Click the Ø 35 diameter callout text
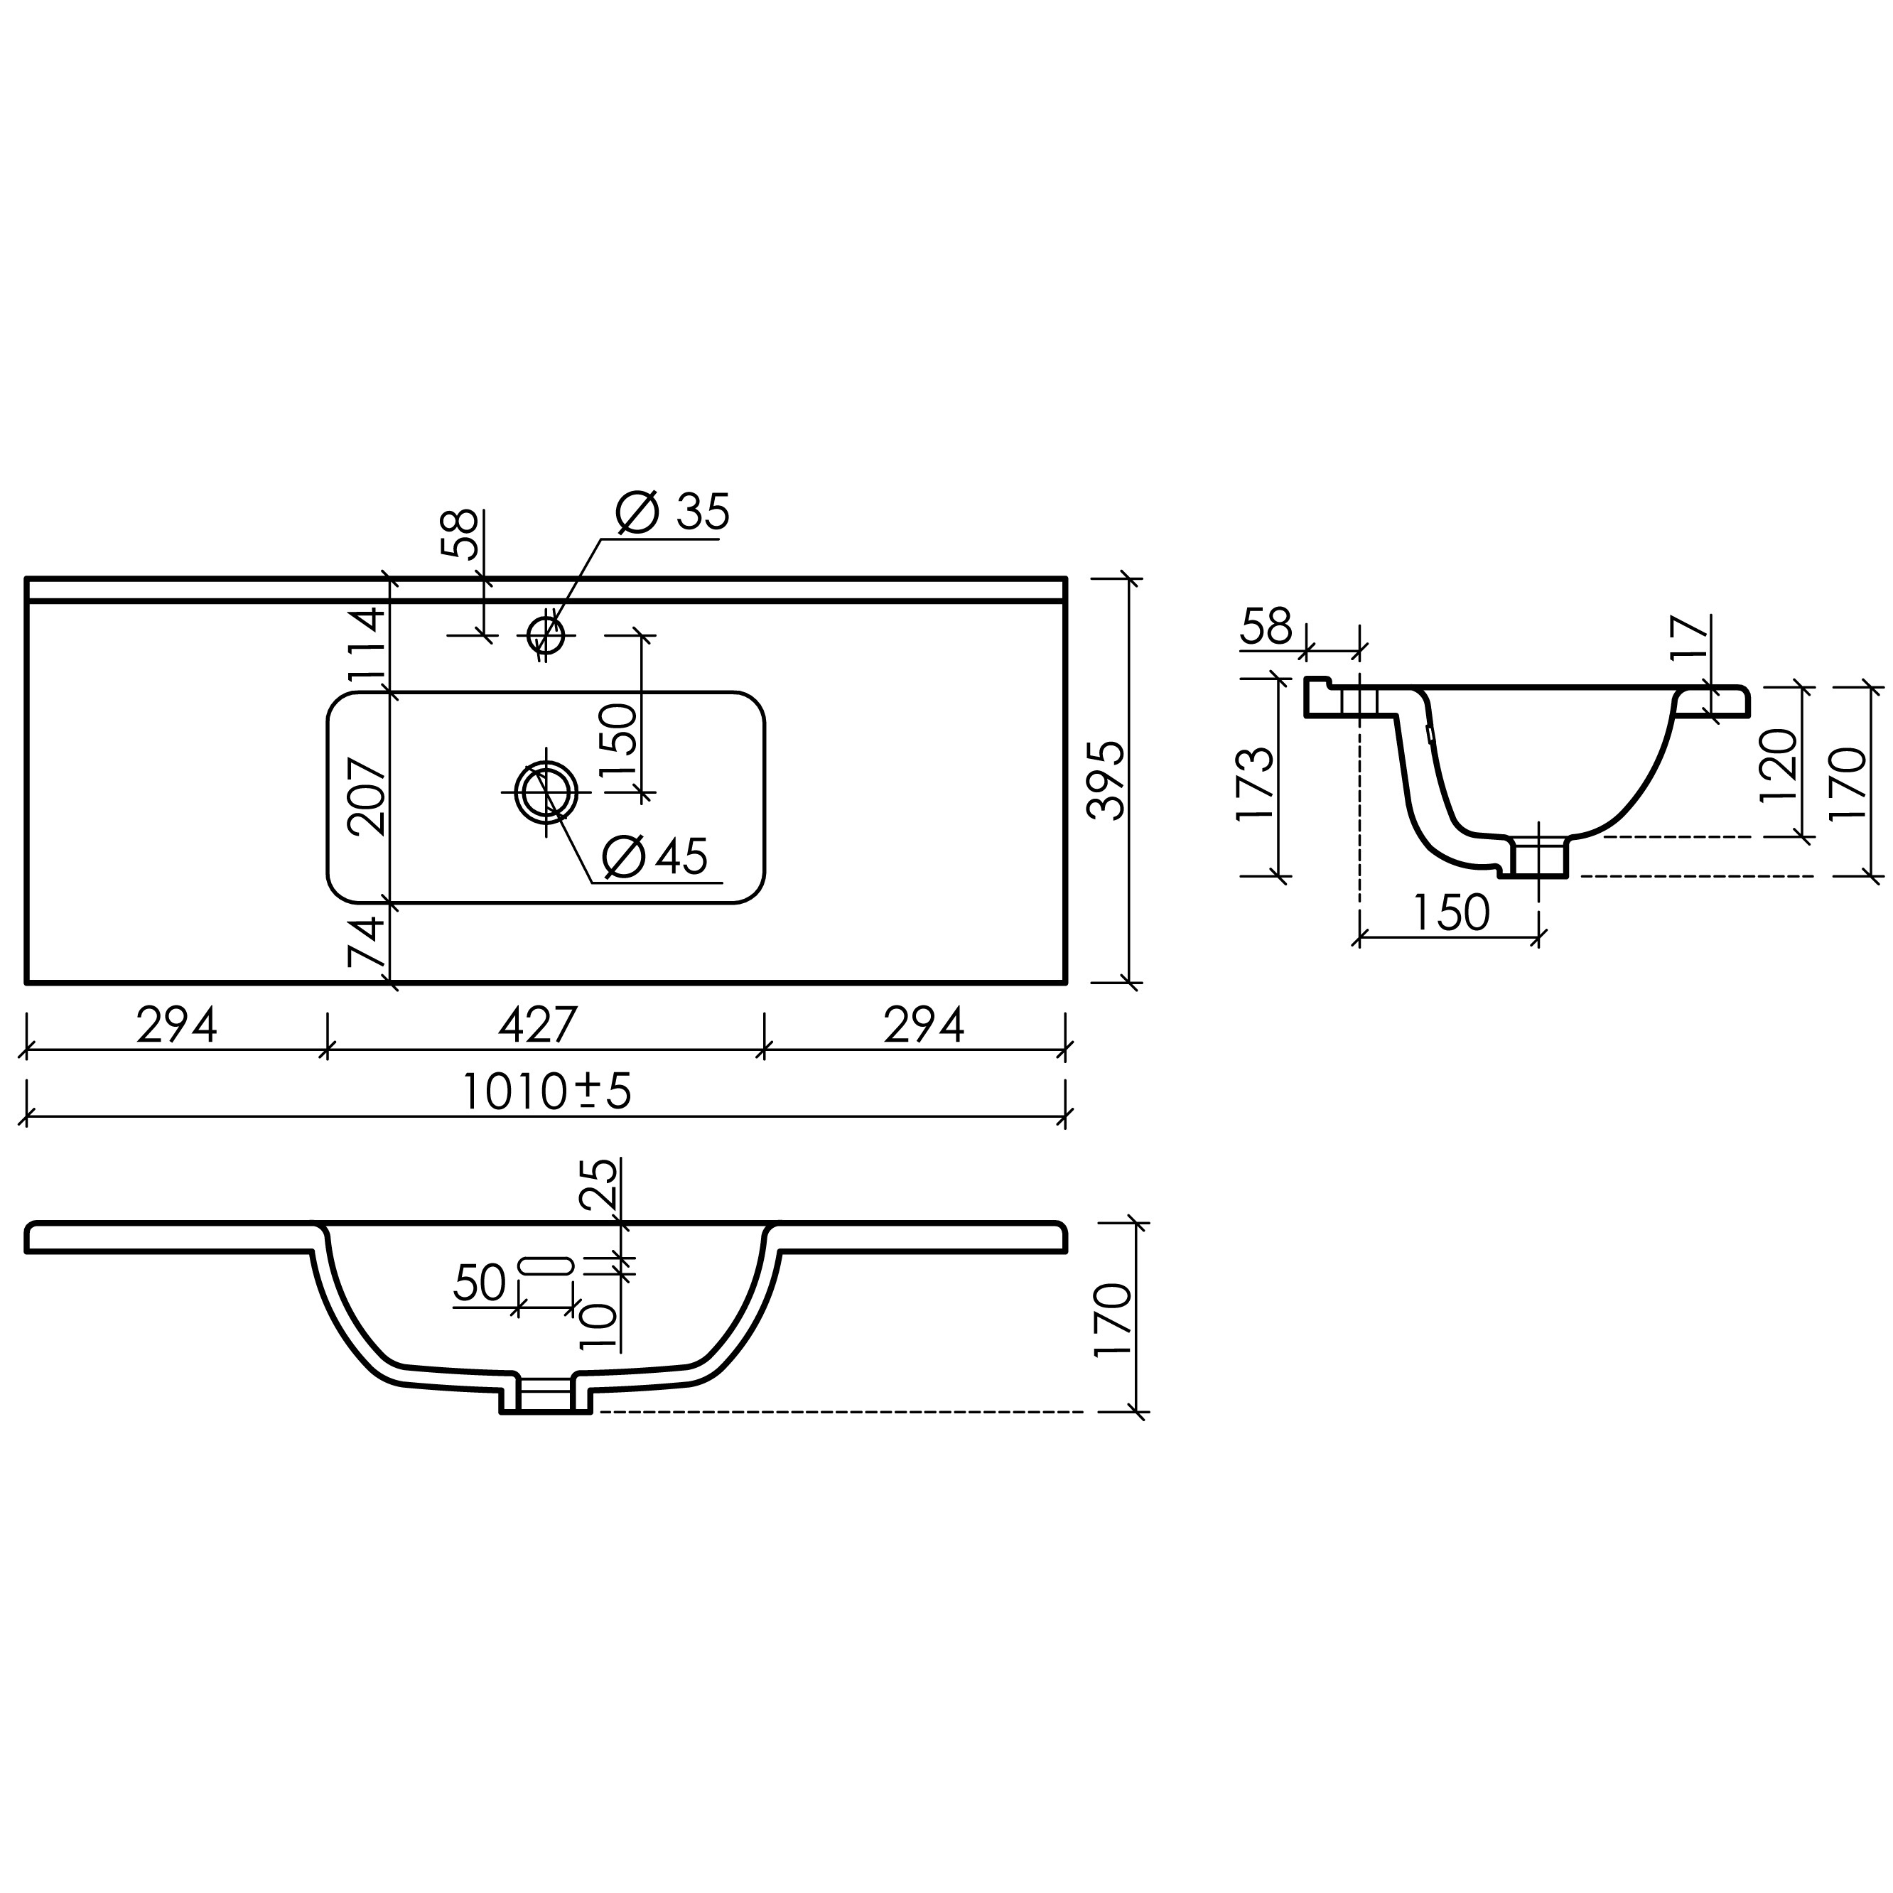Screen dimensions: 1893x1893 pyautogui.click(x=673, y=512)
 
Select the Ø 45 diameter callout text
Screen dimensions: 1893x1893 pyautogui.click(x=655, y=858)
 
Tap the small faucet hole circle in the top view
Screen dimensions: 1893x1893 pyautogui.click(x=546, y=635)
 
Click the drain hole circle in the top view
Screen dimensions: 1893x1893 pyautogui.click(x=546, y=792)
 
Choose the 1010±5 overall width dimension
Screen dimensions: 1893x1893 pyautogui.click(x=546, y=1091)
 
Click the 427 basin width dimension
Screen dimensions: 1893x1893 pyautogui.click(x=538, y=1025)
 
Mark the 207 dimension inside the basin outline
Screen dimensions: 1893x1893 pyautogui.click(x=367, y=797)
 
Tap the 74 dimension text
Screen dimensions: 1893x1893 pyautogui.click(x=367, y=942)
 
